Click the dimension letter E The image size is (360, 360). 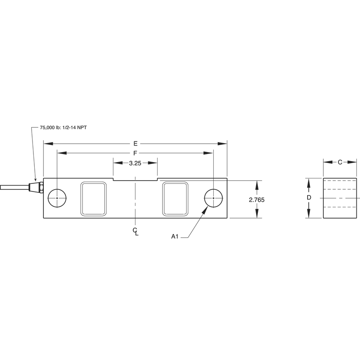(135, 144)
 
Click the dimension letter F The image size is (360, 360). (135, 154)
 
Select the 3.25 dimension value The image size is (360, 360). (135, 164)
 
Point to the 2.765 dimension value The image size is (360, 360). (257, 199)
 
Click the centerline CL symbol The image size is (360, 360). (135, 231)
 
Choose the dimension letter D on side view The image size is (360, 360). (309, 198)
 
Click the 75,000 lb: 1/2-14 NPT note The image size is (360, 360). (63, 128)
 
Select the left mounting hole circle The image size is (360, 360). (57, 198)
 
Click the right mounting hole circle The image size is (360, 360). (213, 198)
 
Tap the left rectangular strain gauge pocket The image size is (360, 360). (94, 198)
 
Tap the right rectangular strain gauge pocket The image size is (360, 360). (175, 198)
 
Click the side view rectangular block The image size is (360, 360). (341, 198)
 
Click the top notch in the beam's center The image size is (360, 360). (135, 180)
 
